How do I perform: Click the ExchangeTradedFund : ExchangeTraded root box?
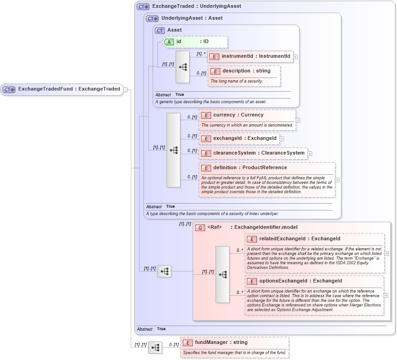[x=62, y=89]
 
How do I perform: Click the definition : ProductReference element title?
[x=250, y=168]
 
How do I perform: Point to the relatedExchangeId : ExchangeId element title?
[x=300, y=239]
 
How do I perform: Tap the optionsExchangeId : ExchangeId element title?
[x=300, y=281]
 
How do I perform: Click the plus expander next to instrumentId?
[x=296, y=57]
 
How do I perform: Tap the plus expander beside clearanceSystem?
[x=309, y=153]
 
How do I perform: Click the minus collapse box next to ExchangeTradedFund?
[x=125, y=89]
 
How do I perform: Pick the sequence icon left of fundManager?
[x=155, y=348]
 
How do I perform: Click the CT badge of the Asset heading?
[x=160, y=30]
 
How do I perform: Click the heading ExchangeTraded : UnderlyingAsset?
[x=196, y=6]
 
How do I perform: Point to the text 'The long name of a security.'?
[x=236, y=81]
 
